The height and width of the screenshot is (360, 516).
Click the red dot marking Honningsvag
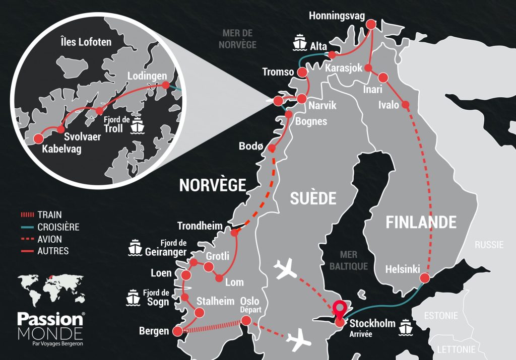click(x=372, y=24)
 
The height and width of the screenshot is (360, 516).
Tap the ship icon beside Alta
click(x=300, y=42)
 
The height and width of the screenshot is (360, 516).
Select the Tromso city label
click(x=278, y=72)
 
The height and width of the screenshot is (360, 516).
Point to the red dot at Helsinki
click(x=425, y=278)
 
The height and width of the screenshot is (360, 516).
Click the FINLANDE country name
click(x=421, y=223)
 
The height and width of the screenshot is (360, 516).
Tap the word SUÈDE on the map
click(x=312, y=198)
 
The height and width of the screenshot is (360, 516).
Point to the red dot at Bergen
click(x=177, y=331)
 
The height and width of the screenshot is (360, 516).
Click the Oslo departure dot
click(x=246, y=320)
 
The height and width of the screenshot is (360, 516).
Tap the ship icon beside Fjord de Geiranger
click(x=136, y=247)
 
